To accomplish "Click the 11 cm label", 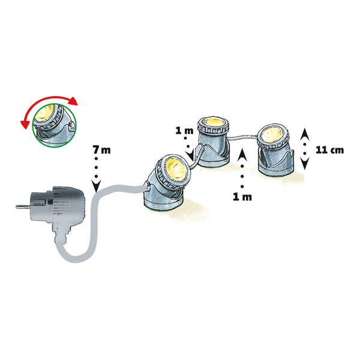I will coord(329,150).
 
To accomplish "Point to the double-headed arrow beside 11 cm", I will coord(305,148).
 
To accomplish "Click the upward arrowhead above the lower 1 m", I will coord(242,155).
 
